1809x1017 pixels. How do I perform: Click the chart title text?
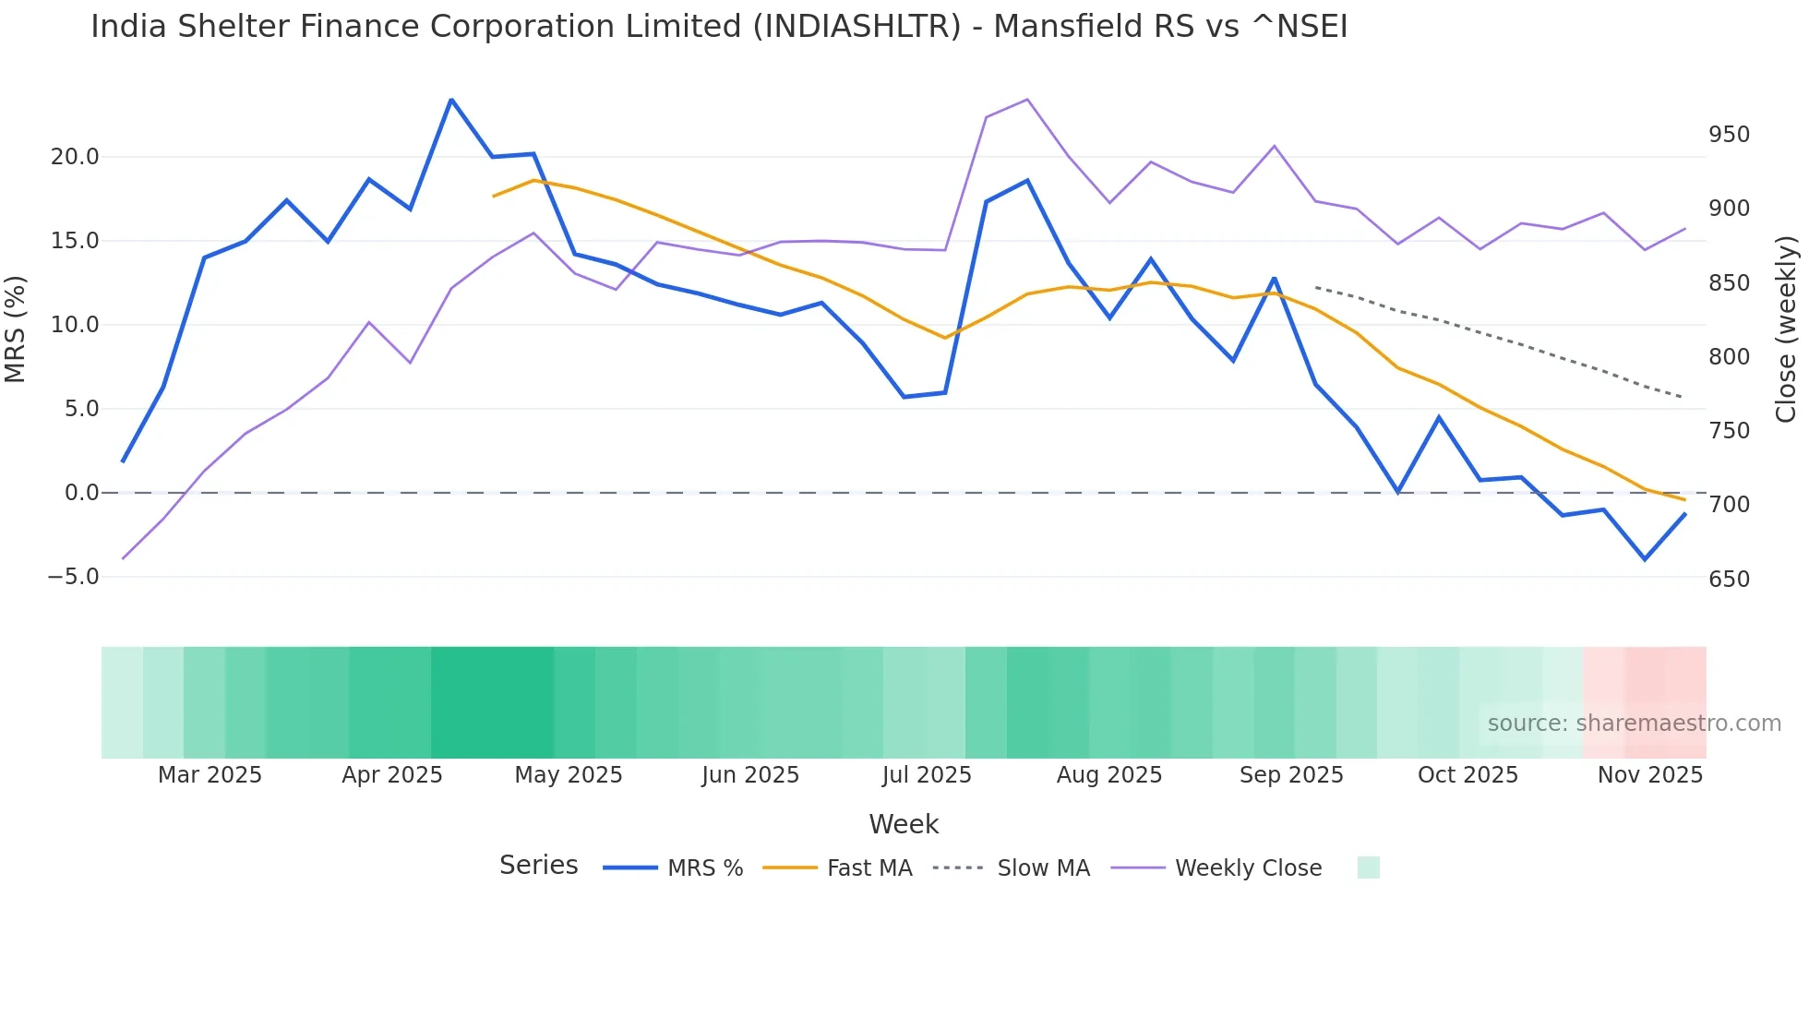pos(719,27)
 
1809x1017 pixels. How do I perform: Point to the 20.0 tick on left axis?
pos(75,157)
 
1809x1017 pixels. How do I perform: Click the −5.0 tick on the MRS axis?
pos(73,577)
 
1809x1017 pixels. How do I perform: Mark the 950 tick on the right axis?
pos(1729,135)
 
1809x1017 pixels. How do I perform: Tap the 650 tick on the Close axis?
pos(1729,580)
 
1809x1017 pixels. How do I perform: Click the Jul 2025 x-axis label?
pos(927,775)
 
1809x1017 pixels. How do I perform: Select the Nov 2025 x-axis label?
pos(1649,775)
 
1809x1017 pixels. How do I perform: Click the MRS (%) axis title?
pos(16,329)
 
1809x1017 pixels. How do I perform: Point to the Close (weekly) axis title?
pos(1787,329)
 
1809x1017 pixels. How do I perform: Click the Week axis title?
pos(904,824)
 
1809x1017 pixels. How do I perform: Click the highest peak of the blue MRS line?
pos(451,100)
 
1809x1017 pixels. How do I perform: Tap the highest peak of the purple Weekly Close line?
pos(1027,100)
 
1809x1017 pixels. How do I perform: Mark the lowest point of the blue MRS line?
pos(1645,559)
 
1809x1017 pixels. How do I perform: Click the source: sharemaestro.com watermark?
pos(1634,724)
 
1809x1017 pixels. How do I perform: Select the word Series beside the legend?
pos(538,866)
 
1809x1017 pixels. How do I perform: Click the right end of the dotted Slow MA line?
pos(1683,398)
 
